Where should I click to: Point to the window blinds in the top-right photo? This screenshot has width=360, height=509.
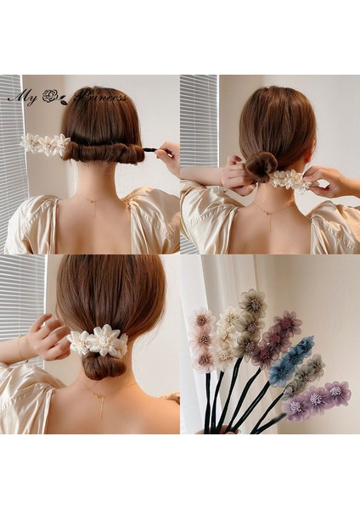(x=199, y=127)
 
